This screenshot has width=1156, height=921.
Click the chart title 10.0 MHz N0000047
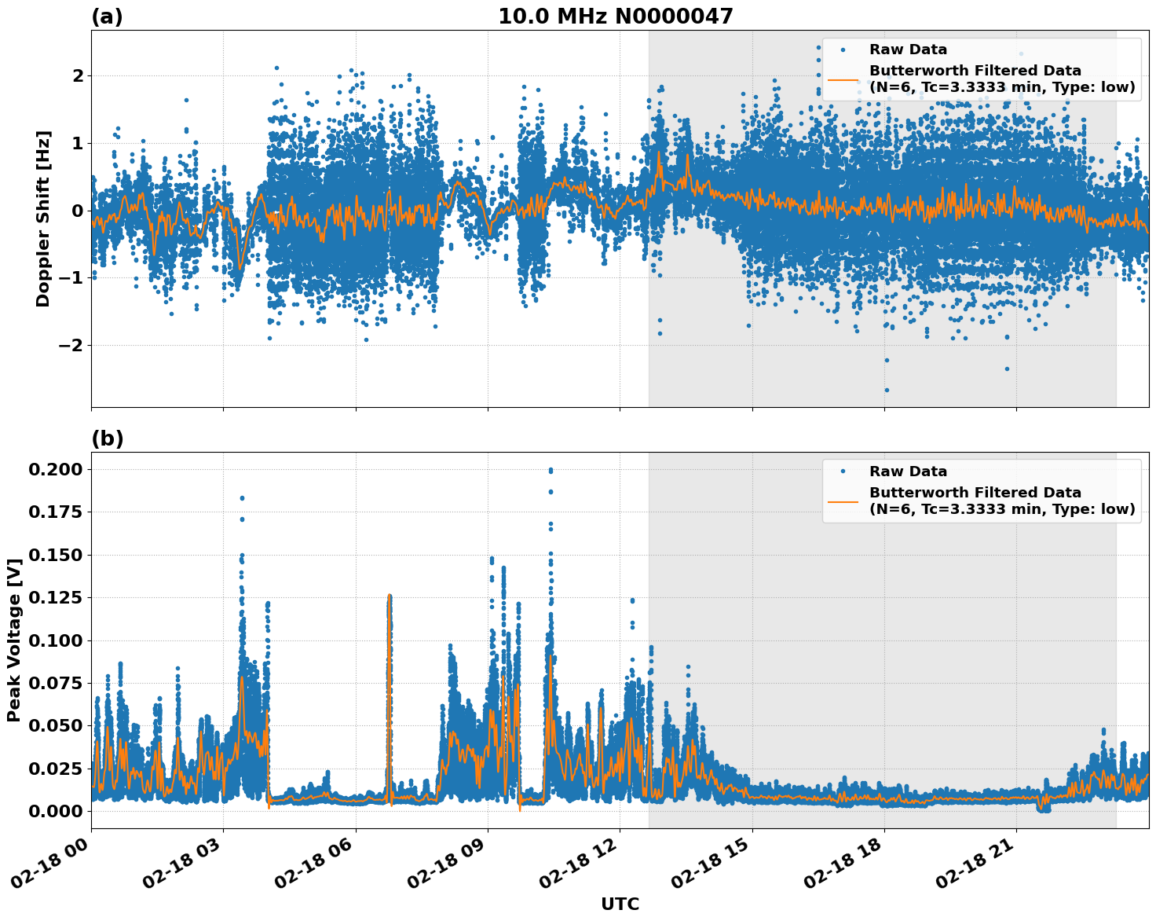pos(615,17)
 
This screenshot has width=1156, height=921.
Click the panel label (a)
pos(107,17)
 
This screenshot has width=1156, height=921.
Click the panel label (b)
pos(107,438)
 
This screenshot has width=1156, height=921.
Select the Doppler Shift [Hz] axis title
pos(43,218)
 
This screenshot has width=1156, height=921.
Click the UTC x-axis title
pos(620,904)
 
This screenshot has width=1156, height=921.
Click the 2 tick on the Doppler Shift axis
pos(78,75)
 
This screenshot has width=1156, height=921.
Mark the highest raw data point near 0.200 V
pos(551,470)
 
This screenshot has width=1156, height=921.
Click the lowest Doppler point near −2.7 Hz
pos(887,390)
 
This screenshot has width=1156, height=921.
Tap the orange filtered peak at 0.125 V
pos(389,596)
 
